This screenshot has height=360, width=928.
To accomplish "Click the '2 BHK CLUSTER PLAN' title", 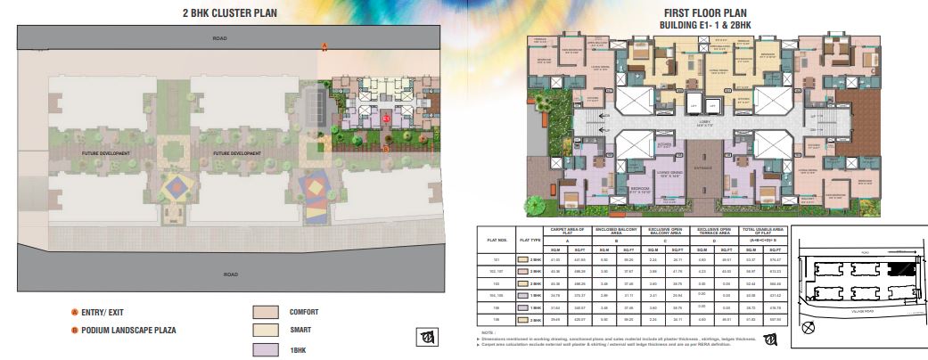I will (230, 12).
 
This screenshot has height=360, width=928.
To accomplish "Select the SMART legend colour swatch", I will (266, 331).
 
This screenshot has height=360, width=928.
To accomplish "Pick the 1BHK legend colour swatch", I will (266, 348).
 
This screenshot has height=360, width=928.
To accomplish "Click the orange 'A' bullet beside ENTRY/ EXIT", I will (74, 313).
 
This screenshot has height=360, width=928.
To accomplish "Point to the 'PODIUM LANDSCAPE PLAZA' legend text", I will (129, 331).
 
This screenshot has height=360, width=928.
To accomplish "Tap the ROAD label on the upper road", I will (220, 39).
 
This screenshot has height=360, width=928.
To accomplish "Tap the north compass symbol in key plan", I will (809, 327).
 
